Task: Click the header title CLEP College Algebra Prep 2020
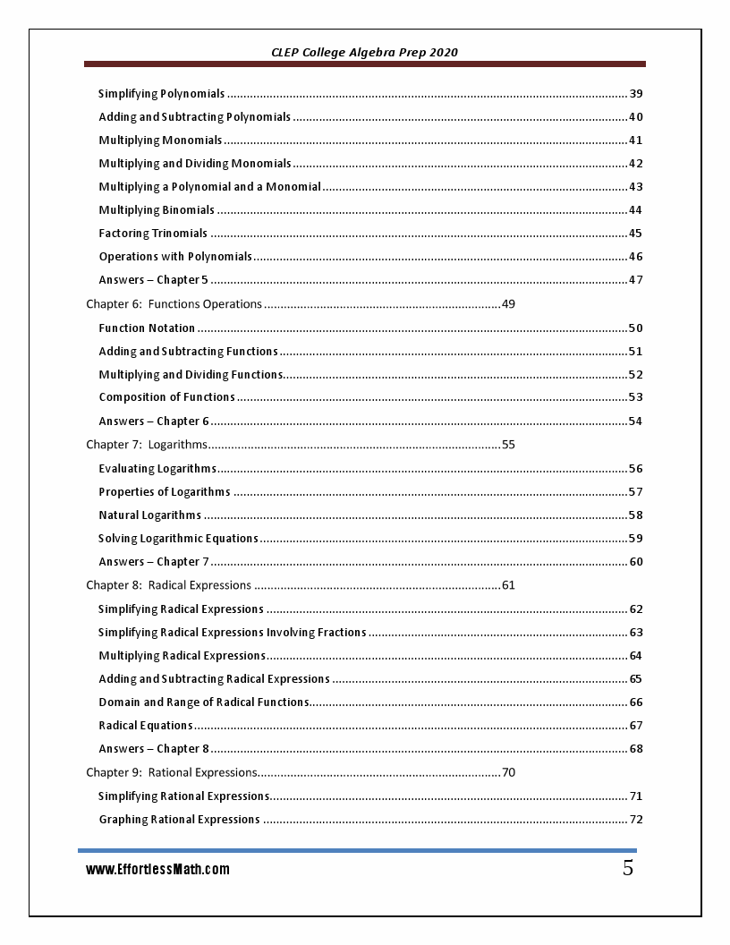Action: click(364, 52)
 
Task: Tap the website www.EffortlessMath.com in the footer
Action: click(157, 869)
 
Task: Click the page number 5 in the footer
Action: click(628, 867)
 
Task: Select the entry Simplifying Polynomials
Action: click(161, 94)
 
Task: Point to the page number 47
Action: click(635, 280)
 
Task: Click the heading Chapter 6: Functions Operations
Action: click(174, 304)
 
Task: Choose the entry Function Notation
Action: click(147, 328)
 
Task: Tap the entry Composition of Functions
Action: click(166, 397)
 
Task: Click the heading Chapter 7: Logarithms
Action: click(147, 445)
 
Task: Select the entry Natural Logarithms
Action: click(149, 515)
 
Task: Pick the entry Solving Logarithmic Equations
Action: click(178, 539)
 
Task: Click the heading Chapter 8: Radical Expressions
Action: click(168, 585)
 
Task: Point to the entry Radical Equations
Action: click(145, 726)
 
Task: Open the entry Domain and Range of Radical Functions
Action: click(203, 702)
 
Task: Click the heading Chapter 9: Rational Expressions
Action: click(172, 772)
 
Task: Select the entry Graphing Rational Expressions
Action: click(179, 820)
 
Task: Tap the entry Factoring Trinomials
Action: click(153, 234)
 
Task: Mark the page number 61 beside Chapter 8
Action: click(508, 585)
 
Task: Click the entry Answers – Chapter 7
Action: click(154, 562)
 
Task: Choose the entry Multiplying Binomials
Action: click(157, 210)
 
